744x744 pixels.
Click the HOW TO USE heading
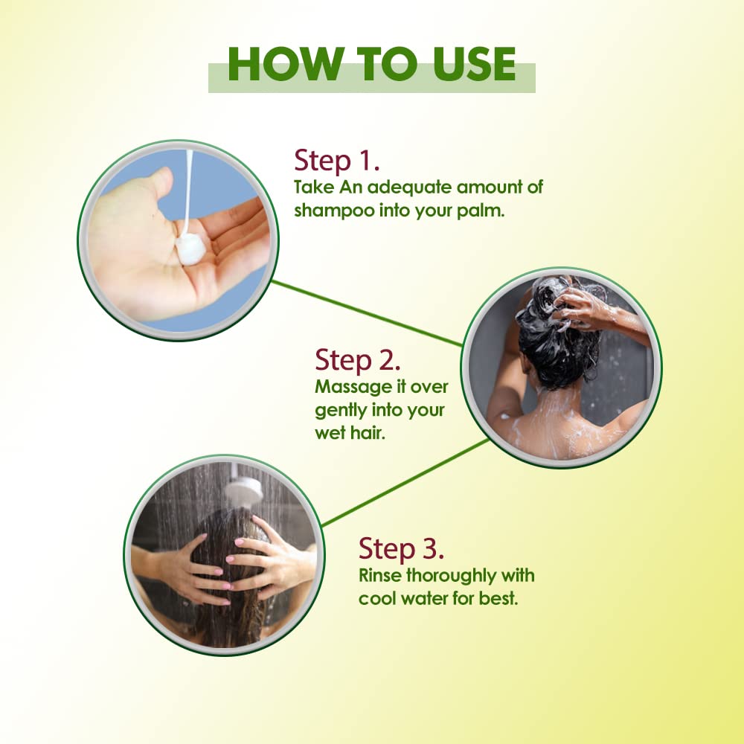point(371,64)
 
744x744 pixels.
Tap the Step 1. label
point(336,161)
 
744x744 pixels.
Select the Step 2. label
point(357,360)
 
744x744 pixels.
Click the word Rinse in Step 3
point(379,576)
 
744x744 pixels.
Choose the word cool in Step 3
point(375,598)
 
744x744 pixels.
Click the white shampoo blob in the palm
point(190,248)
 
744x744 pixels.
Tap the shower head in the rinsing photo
point(243,490)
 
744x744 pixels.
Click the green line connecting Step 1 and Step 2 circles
point(367,313)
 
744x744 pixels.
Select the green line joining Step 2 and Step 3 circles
point(405,482)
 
